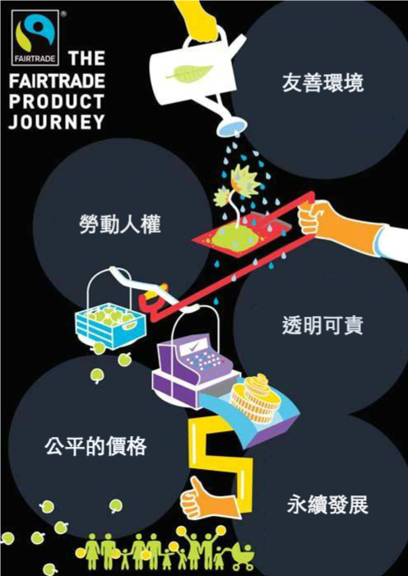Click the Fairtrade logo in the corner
(x=35, y=38)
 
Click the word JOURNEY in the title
(x=57, y=122)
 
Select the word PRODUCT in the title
(x=57, y=102)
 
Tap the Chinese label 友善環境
(x=322, y=82)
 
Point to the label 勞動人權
(x=120, y=224)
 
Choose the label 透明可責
(x=322, y=325)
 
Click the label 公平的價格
(x=95, y=446)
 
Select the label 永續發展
(x=327, y=504)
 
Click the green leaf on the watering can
(x=189, y=72)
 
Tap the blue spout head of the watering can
(x=231, y=128)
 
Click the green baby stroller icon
(x=242, y=556)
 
